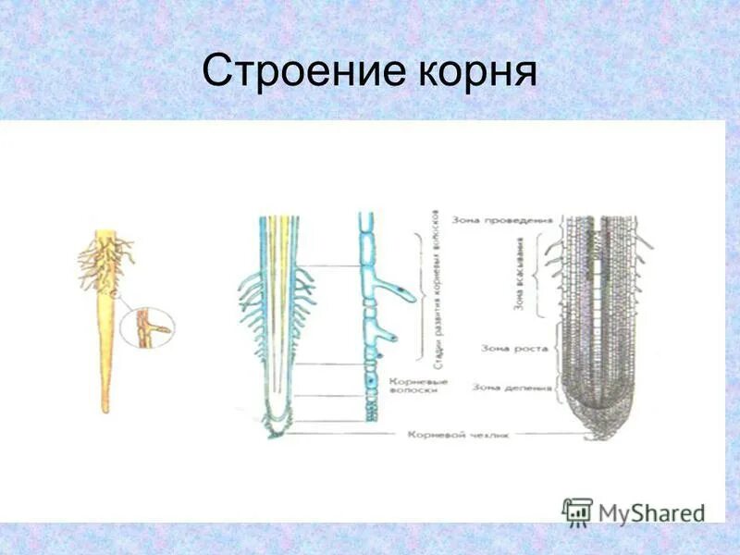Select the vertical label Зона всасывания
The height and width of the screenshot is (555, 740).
click(519, 277)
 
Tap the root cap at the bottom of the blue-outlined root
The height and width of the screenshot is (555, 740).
click(277, 424)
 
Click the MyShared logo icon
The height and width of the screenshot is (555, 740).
click(577, 510)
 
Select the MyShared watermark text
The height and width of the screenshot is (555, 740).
click(652, 512)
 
